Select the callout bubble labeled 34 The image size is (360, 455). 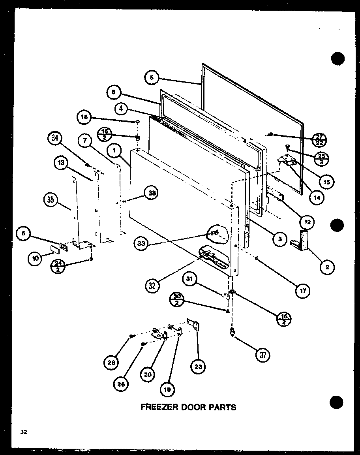point(55,138)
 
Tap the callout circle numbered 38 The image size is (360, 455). point(152,193)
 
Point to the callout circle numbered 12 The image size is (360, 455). point(307,222)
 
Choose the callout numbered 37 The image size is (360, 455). point(263,355)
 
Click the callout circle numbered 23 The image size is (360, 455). point(198,367)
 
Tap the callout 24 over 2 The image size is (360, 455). point(58,266)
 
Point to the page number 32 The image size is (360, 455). point(24,432)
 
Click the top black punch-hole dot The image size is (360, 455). point(337,58)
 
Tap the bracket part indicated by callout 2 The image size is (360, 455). point(301,241)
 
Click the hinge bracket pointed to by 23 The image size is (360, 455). point(194,325)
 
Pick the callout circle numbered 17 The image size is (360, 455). point(303,291)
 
